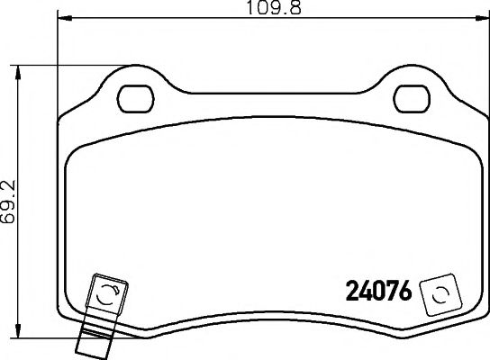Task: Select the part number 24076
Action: [x=378, y=292]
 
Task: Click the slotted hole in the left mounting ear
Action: [x=137, y=93]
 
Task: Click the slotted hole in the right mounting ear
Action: [x=413, y=93]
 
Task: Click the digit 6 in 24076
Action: [x=404, y=292]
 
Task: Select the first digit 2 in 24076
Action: [x=352, y=292]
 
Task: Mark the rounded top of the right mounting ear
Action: [x=413, y=71]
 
